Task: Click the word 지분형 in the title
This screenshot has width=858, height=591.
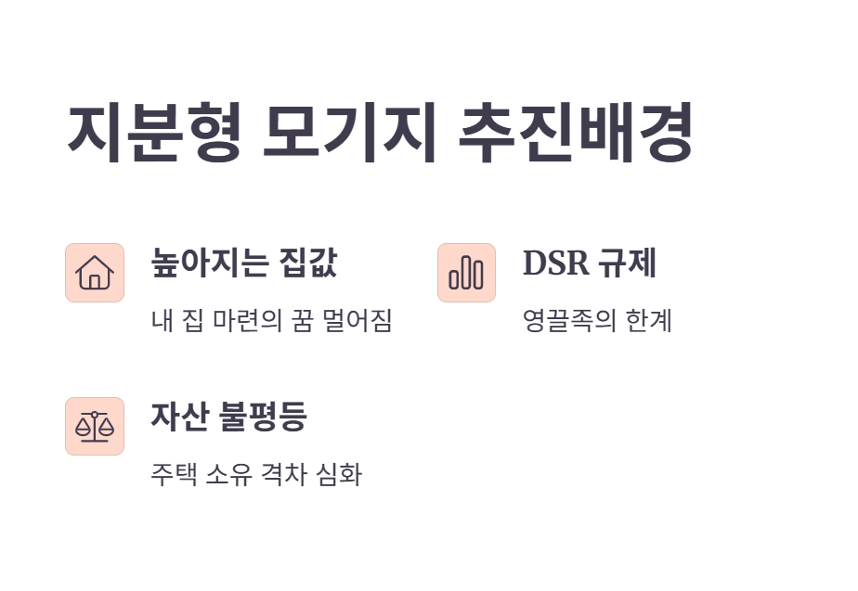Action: click(x=154, y=134)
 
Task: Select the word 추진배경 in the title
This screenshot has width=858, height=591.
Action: click(x=576, y=134)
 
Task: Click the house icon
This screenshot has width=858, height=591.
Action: click(x=95, y=273)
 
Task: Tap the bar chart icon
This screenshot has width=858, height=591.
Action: click(x=466, y=273)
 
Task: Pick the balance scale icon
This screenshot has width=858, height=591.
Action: click(x=95, y=427)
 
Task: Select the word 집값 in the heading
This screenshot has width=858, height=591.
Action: click(x=308, y=263)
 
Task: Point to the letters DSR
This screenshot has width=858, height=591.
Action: click(x=556, y=263)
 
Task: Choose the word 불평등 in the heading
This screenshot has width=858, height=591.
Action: click(x=262, y=417)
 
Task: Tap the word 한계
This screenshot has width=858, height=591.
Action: click(x=647, y=321)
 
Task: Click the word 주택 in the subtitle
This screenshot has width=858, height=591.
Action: click(x=170, y=475)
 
